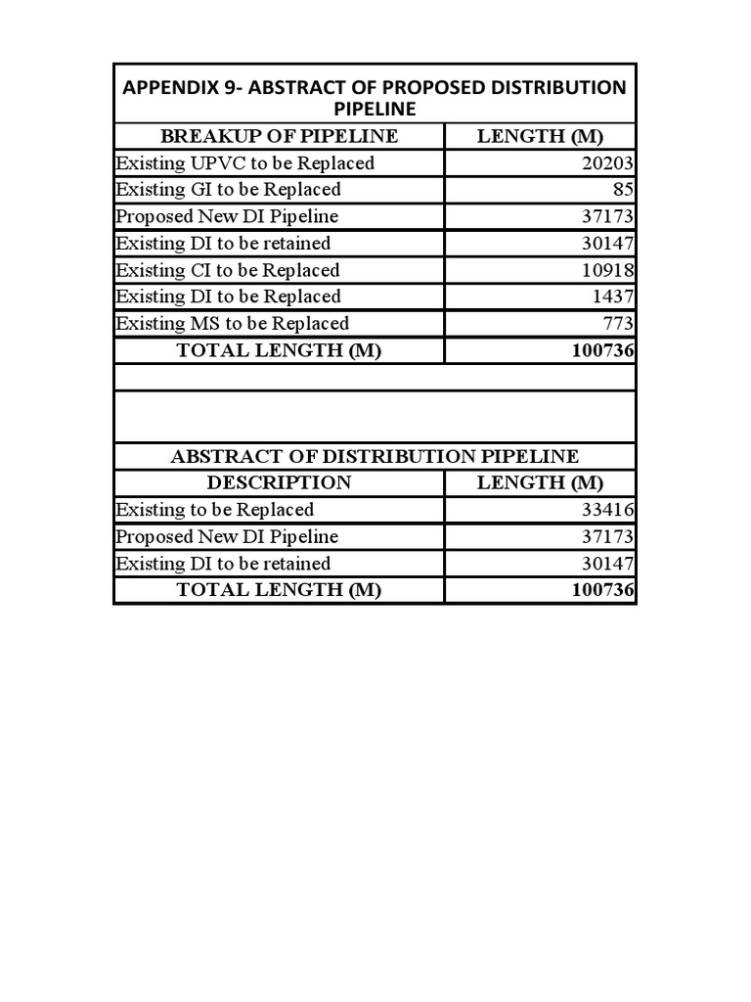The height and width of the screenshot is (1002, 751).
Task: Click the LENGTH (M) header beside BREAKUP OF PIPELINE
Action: [x=540, y=136]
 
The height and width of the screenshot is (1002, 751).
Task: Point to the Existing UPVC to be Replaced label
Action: [x=244, y=163]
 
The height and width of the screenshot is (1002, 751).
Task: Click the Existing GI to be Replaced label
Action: [x=228, y=190]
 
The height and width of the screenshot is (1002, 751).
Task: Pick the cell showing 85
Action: [x=623, y=190]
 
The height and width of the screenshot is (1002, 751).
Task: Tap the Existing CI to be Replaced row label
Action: [x=227, y=270]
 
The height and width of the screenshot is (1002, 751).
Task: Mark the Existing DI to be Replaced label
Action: [x=228, y=296]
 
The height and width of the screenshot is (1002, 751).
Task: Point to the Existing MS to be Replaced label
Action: [x=232, y=323]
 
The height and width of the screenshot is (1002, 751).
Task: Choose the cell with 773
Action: [x=618, y=323]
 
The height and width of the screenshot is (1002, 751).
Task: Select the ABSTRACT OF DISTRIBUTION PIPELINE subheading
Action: [x=375, y=456]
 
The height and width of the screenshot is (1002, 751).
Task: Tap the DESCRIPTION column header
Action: [x=279, y=482]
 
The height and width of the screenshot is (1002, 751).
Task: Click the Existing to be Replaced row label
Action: [x=214, y=510]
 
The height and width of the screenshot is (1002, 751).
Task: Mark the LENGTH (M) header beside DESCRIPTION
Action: [x=540, y=482]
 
